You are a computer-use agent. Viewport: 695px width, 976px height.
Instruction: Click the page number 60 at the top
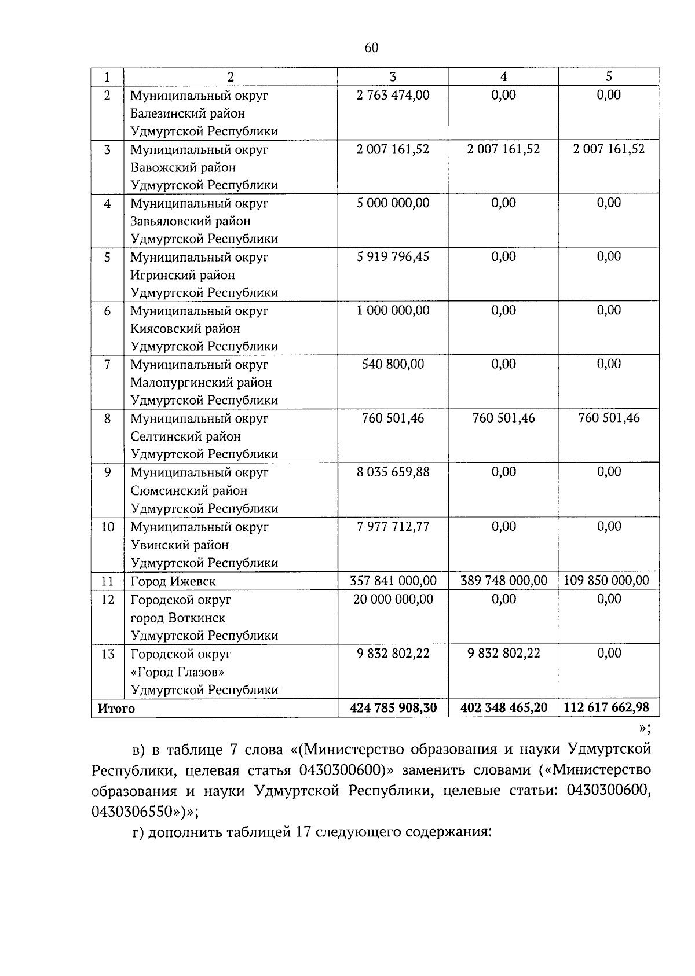(372, 48)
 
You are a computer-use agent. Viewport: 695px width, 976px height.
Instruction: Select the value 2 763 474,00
(393, 95)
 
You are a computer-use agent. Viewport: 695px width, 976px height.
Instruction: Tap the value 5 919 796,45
(393, 256)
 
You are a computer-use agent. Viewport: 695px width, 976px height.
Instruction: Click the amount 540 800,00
(393, 364)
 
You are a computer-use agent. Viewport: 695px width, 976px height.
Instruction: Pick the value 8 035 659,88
(393, 472)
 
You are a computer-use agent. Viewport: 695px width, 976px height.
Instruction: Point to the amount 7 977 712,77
(393, 526)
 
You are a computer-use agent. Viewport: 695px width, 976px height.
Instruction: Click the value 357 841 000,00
(393, 581)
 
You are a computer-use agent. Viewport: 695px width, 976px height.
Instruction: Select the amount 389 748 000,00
(503, 581)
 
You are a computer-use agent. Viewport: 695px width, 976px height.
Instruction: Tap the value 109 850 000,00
(607, 581)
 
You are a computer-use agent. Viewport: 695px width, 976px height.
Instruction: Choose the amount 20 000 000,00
(393, 599)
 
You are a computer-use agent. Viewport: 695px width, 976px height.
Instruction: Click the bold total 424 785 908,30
(393, 707)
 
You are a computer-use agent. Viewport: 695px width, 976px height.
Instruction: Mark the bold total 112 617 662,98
(607, 707)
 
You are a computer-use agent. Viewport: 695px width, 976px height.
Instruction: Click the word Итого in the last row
(116, 709)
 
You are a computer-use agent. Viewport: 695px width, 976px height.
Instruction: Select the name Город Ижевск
(173, 582)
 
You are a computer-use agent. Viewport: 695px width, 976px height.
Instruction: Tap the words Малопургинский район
(201, 383)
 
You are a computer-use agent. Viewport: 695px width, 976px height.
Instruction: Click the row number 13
(108, 654)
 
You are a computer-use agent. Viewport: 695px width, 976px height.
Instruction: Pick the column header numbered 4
(503, 77)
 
